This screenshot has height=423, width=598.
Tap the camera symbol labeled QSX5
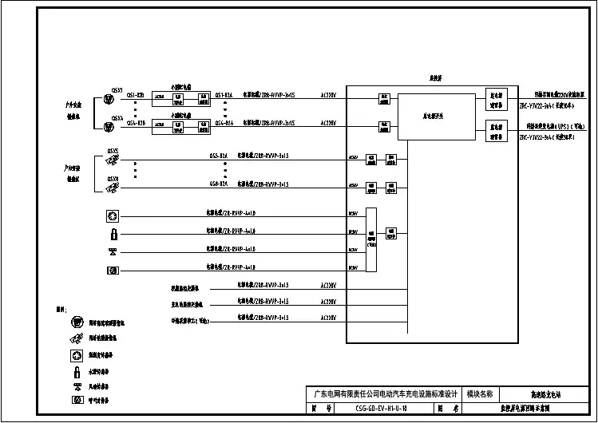(113, 160)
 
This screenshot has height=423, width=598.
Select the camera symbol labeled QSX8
(113, 188)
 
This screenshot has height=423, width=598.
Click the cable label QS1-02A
(224, 94)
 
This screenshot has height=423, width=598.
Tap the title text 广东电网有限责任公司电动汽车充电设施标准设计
(385, 394)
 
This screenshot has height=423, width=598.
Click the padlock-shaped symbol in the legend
(77, 371)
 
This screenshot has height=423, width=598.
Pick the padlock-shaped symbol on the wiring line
(113, 234)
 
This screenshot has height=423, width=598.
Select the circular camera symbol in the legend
(77, 323)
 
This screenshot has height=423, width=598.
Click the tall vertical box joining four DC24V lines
(370, 239)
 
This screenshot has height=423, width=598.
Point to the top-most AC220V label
(328, 94)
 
